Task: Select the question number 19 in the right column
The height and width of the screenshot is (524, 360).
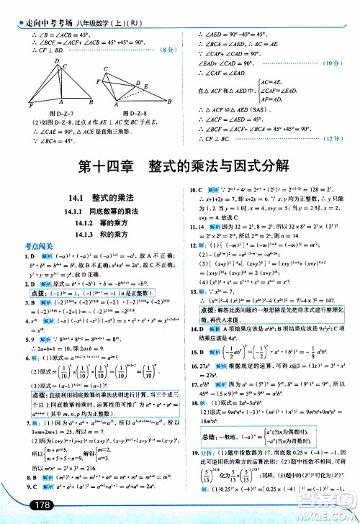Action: click(x=193, y=451)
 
